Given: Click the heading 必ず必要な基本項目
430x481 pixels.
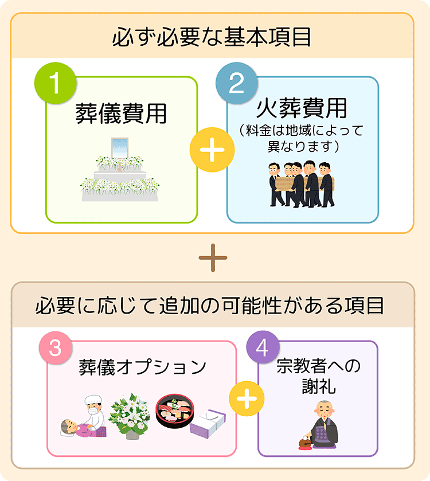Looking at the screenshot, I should pos(212,38).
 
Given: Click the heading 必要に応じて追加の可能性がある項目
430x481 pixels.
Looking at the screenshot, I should pos(212,305).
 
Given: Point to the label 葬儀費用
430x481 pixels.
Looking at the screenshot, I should pos(121,114).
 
